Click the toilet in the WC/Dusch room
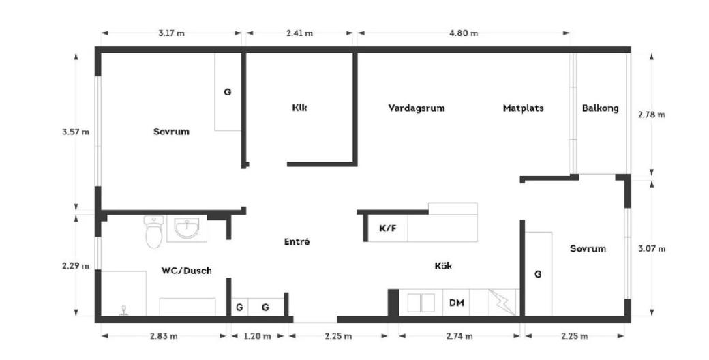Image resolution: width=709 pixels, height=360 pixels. tap(154, 231)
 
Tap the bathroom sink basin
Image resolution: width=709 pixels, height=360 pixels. tap(187, 228)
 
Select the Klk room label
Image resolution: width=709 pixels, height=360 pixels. tap(300, 108)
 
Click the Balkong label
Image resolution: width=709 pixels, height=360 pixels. tap(600, 108)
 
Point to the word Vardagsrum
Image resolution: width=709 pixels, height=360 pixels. tap(417, 108)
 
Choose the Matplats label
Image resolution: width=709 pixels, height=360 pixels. tap(523, 108)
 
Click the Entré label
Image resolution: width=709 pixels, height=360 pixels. tap(297, 241)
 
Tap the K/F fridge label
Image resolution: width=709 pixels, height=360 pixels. tap(387, 228)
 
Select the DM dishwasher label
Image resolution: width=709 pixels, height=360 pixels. tap(456, 303)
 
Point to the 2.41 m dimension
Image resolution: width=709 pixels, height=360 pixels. tap(299, 33)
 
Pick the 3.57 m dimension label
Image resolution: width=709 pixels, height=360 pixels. tap(76, 132)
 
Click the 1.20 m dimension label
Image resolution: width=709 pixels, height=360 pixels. tap(258, 336)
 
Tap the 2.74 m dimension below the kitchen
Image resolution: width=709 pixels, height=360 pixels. tap(459, 336)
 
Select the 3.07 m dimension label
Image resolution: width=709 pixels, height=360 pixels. tap(652, 248)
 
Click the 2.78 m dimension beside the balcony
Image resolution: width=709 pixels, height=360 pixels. tap(652, 115)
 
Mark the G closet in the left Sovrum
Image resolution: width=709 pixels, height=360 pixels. tap(228, 92)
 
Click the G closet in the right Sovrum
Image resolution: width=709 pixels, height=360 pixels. tap(538, 274)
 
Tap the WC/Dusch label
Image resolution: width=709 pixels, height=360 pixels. tap(186, 271)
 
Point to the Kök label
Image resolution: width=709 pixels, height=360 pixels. tap(443, 265)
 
